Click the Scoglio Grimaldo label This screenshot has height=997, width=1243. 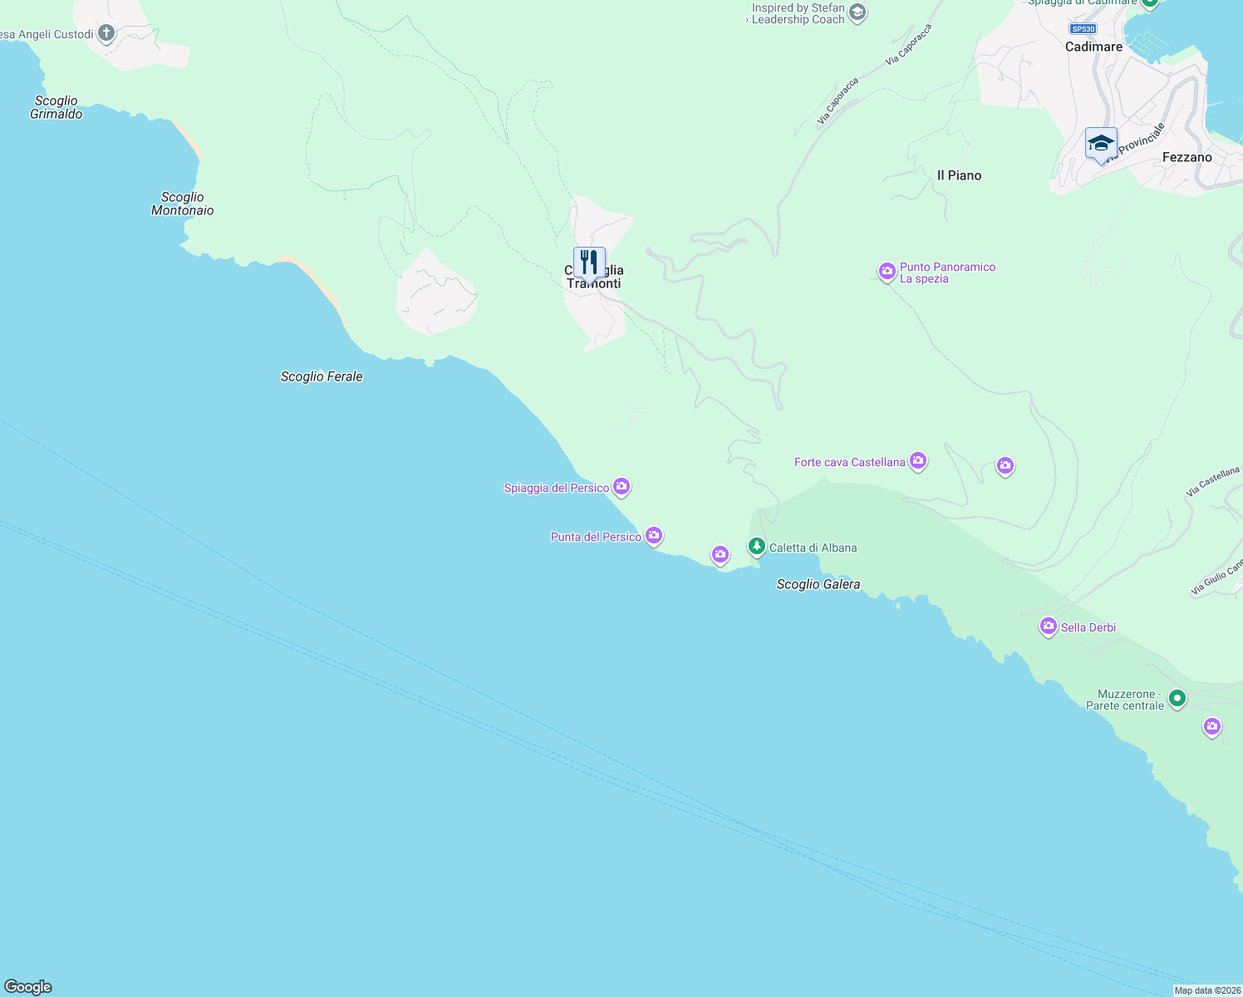tap(56, 107)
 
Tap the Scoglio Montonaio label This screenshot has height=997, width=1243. tap(183, 204)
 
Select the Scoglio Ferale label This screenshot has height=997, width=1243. tap(322, 376)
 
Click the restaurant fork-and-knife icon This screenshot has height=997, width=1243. tap(589, 263)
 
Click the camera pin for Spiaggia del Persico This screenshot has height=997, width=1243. tap(621, 486)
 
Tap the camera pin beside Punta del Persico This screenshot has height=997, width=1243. tap(654, 535)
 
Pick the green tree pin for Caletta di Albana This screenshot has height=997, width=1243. tap(756, 546)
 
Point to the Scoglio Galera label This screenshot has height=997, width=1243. tap(818, 584)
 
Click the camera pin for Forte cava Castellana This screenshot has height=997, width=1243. tap(918, 460)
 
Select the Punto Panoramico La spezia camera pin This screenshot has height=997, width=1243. tap(887, 271)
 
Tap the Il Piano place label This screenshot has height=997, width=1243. tap(959, 175)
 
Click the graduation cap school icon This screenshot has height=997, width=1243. tap(1101, 143)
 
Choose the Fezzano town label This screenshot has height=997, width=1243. tap(1186, 157)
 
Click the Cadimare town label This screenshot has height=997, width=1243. tap(1093, 47)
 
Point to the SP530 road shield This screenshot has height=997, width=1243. tap(1083, 28)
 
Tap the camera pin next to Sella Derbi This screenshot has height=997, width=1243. tap(1049, 626)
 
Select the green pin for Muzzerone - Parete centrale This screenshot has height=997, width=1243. tap(1177, 699)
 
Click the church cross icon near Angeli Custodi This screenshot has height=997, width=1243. tap(106, 33)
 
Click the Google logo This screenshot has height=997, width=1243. tap(28, 987)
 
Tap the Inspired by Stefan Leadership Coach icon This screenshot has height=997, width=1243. tap(857, 12)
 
